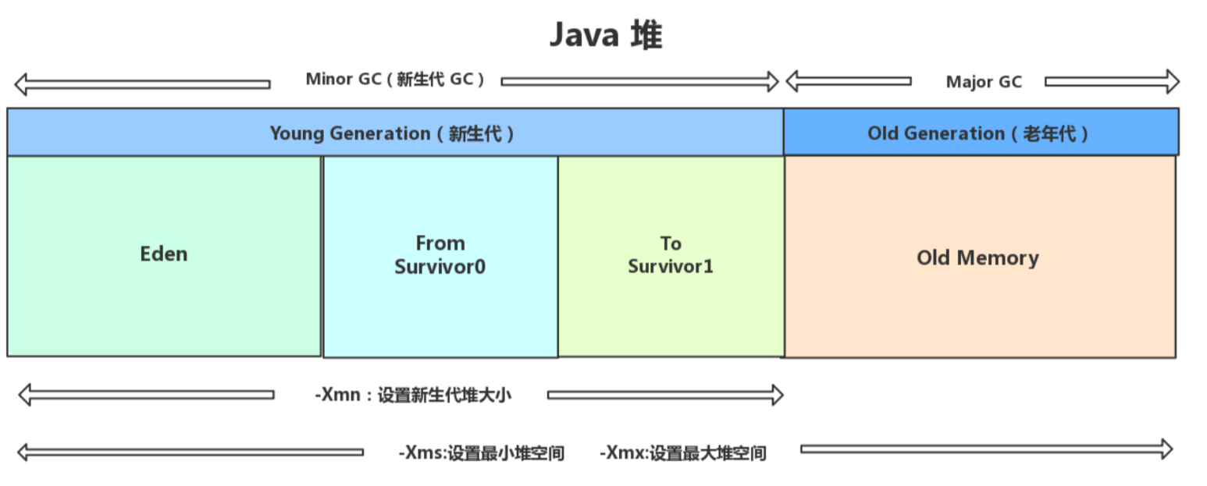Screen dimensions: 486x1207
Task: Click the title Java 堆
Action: click(x=606, y=36)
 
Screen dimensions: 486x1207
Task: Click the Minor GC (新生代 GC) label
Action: click(x=395, y=80)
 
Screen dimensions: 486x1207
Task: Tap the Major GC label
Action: click(x=983, y=82)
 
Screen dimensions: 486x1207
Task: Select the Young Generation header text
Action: click(x=392, y=133)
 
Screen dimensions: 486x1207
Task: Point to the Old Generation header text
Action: click(x=978, y=133)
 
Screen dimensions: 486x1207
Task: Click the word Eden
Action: click(x=164, y=254)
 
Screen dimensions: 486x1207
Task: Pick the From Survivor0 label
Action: click(x=440, y=255)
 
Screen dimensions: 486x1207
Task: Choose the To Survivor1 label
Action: click(x=671, y=255)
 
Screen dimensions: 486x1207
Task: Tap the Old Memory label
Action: click(x=977, y=258)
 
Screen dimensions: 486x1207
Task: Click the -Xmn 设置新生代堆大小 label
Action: click(x=413, y=395)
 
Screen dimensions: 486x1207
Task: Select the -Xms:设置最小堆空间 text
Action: click(x=481, y=452)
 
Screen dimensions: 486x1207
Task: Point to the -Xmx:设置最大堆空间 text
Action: click(x=682, y=452)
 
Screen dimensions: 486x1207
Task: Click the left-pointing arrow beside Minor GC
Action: click(x=141, y=83)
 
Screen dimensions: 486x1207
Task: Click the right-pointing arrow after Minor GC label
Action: click(x=640, y=81)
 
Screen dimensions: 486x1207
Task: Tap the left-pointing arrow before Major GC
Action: click(x=848, y=80)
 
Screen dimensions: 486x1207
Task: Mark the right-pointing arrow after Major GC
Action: click(x=1112, y=81)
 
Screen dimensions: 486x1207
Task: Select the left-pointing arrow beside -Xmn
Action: click(x=145, y=395)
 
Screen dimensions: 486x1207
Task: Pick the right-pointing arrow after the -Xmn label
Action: click(x=665, y=395)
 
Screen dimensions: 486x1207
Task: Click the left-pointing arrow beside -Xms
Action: click(x=190, y=452)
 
